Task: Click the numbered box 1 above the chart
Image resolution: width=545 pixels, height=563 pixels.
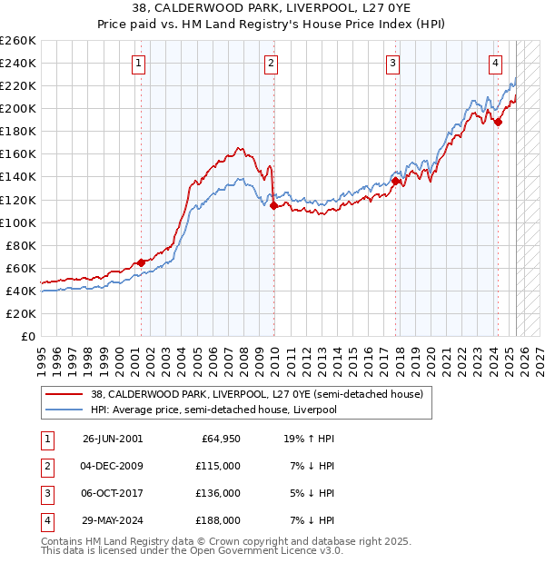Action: (x=138, y=63)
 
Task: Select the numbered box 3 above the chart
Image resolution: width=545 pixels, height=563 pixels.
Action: (x=392, y=63)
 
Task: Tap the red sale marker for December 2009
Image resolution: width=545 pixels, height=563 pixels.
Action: (x=273, y=206)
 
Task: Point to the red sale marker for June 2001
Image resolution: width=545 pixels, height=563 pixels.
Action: (x=141, y=262)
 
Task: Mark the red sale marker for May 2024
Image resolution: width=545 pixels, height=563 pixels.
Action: (x=498, y=123)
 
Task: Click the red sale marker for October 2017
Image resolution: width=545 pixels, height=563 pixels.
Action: (x=396, y=182)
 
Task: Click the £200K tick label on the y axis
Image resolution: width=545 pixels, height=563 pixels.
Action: (x=17, y=108)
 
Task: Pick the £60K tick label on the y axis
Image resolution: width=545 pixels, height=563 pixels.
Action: (x=21, y=268)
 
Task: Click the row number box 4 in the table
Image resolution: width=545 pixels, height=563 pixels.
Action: (x=45, y=520)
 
